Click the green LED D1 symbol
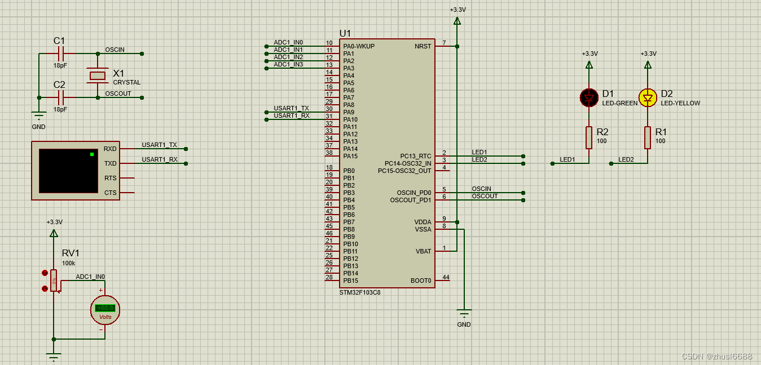point(590,97)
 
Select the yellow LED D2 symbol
point(648,97)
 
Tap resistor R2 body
point(589,137)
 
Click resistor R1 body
point(648,137)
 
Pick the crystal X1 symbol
point(98,76)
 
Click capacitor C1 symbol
point(61,54)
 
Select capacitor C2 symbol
point(61,97)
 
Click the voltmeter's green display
point(105,308)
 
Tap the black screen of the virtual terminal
point(68,171)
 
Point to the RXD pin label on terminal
point(110,149)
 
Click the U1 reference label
point(345,33)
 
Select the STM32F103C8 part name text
point(359,292)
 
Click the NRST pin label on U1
point(423,46)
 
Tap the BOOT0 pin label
point(421,281)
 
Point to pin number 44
point(446,277)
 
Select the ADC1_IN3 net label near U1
point(288,64)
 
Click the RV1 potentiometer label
point(71,253)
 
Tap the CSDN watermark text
point(716,357)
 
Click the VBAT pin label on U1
point(423,251)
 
